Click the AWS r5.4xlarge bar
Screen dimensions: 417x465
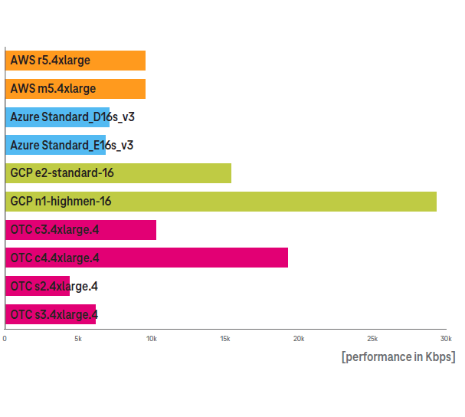75,61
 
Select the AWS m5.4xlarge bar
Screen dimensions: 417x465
75,89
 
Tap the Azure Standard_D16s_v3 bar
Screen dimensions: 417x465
57,117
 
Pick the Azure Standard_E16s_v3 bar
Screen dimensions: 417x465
55,145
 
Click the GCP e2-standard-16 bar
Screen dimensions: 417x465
118,173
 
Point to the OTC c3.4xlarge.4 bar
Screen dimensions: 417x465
80,230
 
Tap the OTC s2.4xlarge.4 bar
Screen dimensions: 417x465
38,286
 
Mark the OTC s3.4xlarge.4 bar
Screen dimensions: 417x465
51,314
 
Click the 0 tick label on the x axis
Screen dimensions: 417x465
5,339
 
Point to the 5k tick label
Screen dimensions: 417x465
78,339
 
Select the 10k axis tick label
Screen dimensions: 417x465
152,339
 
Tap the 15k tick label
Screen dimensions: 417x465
225,339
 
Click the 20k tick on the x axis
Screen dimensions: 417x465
299,339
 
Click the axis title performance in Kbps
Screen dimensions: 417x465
398,356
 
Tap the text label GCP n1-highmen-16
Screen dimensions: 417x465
61,202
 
